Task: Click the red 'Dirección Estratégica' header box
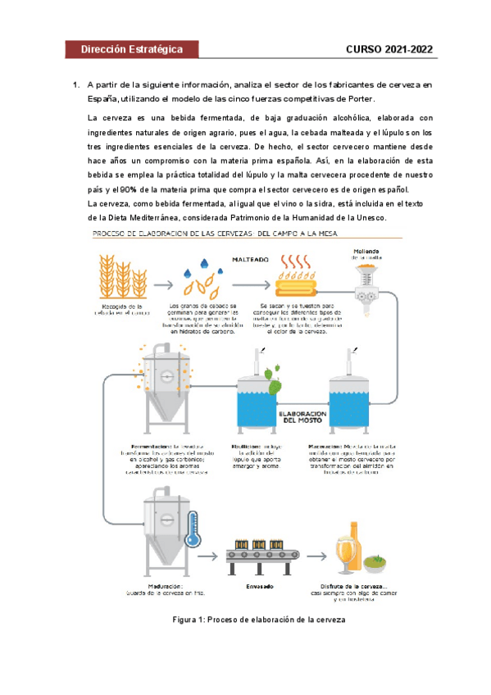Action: (131, 49)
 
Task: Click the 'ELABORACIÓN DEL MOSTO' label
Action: (303, 418)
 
